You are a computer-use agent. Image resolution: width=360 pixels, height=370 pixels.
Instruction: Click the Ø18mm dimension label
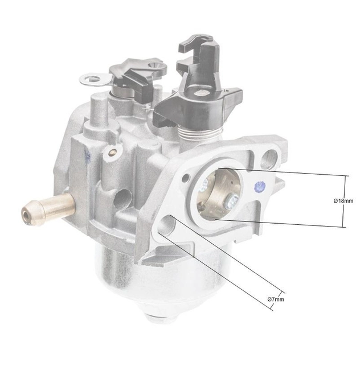click(x=343, y=200)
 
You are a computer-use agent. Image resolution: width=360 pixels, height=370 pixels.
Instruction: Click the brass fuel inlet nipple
click(x=48, y=207)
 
